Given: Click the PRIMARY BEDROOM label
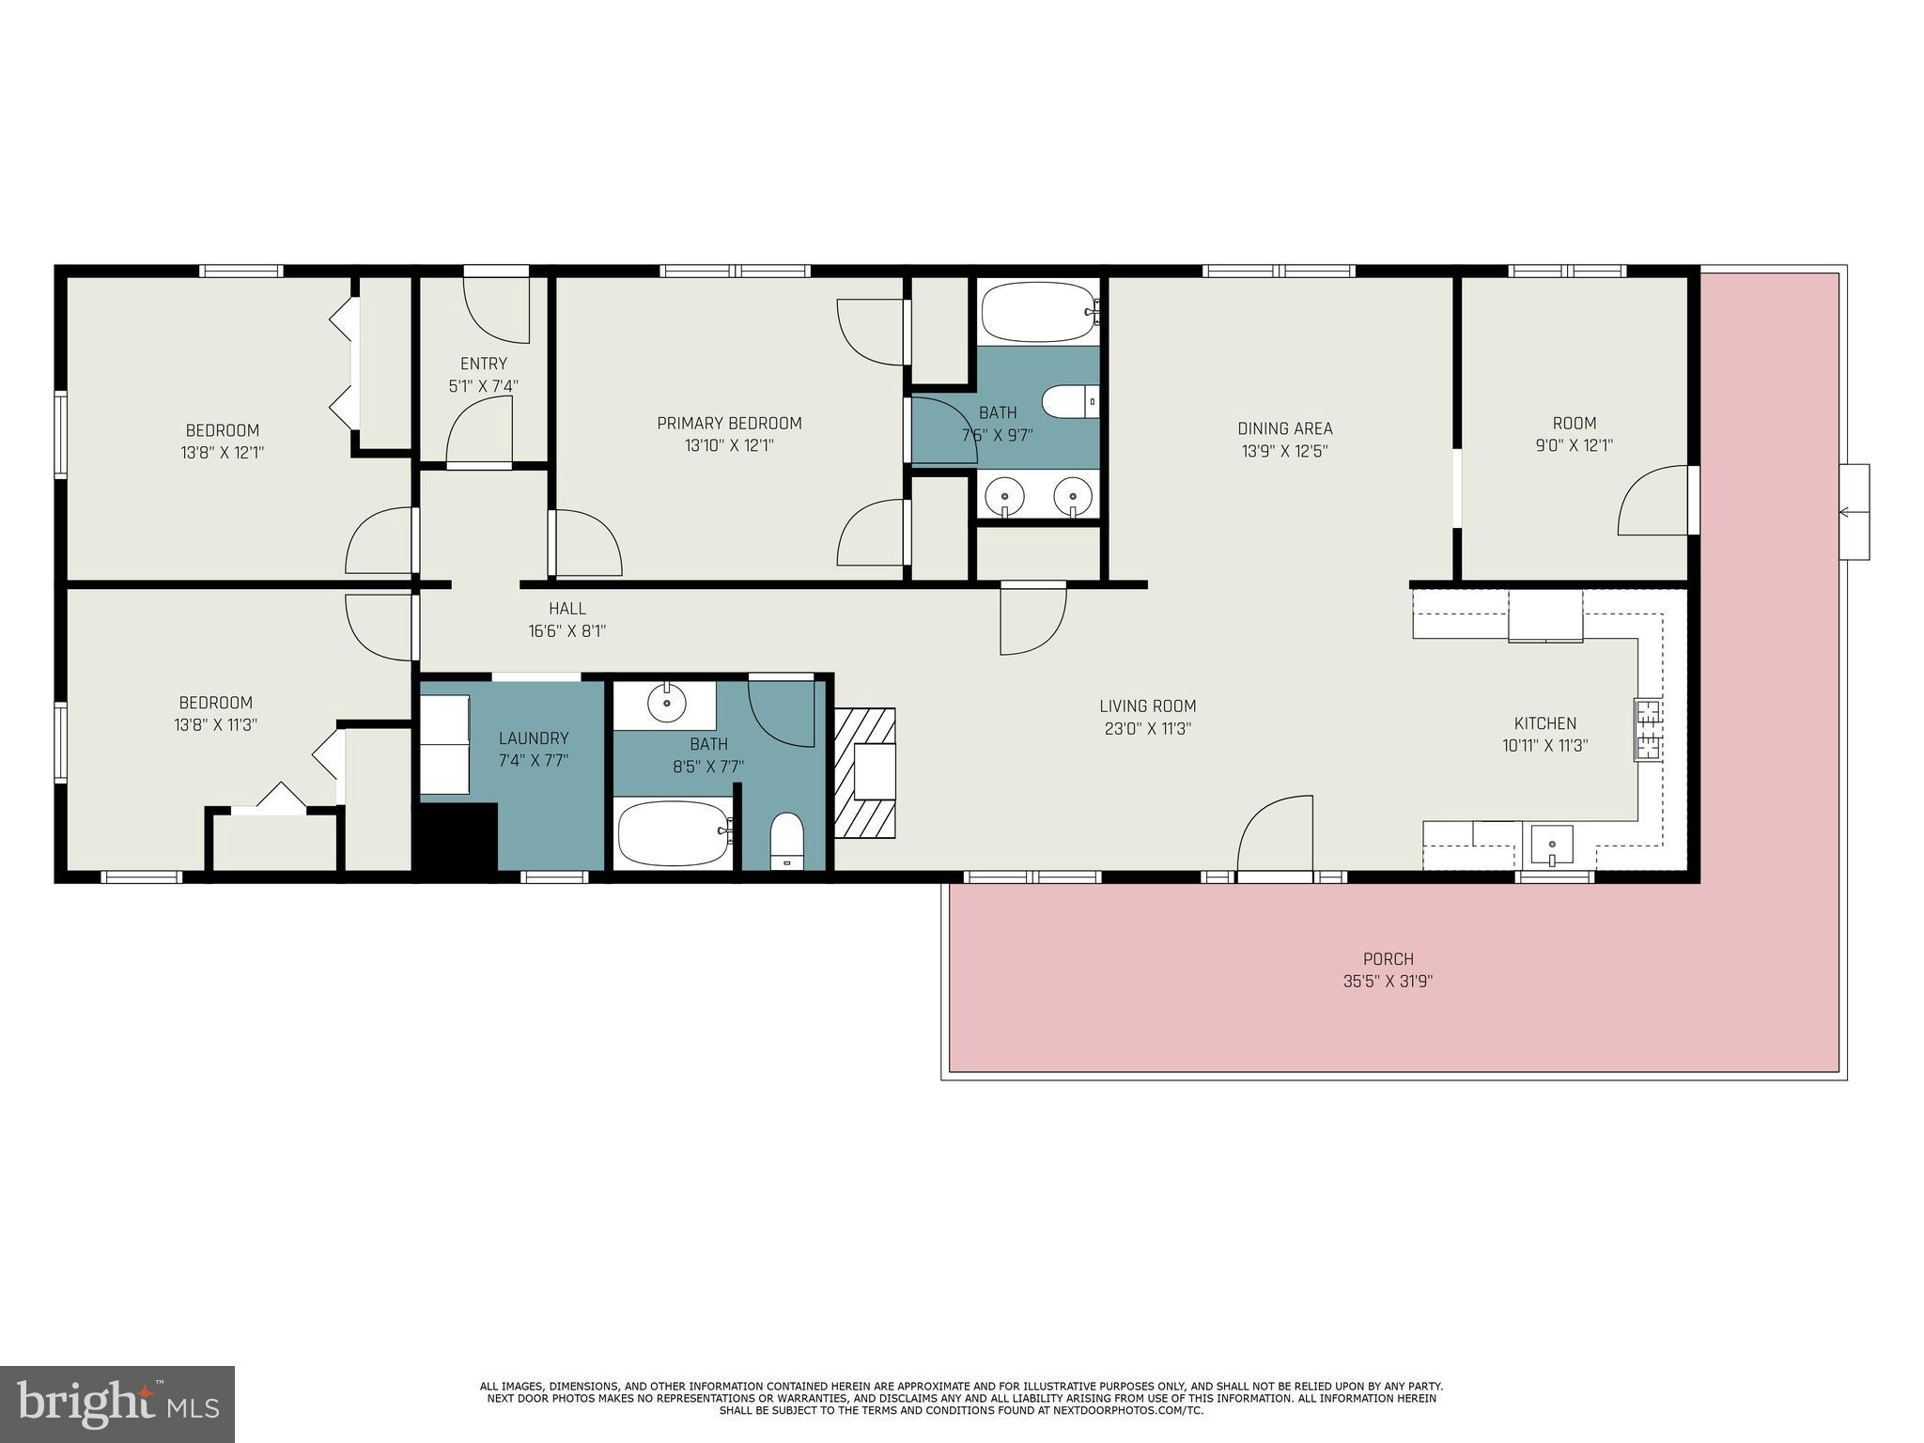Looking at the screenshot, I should [729, 423].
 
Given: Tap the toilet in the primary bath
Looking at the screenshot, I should [1070, 402].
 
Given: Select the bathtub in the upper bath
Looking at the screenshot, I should [1038, 312].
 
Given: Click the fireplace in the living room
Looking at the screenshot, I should [865, 772].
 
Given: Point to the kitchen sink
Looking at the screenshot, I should [1553, 843].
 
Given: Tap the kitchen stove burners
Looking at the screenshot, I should [1648, 729].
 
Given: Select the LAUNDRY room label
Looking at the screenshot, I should [534, 738].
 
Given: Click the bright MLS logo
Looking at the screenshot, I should [117, 1404].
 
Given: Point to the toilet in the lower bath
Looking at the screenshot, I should [787, 841].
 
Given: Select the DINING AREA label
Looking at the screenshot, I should [1284, 428].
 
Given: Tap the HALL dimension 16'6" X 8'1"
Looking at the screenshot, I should [566, 631].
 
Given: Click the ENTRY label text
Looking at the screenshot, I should [484, 364].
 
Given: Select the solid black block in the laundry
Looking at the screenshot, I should [457, 836].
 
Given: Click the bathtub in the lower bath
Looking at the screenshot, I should [674, 833].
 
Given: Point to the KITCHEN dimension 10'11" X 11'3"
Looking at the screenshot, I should [1544, 746].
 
